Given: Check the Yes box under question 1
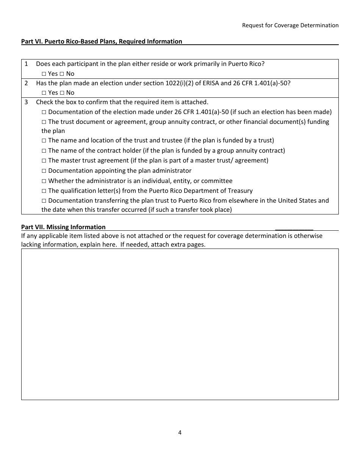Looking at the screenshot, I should pyautogui.click(x=44, y=74).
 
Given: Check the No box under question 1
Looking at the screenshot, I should pyautogui.click(x=62, y=74).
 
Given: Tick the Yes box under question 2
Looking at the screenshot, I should pyautogui.click(x=44, y=93).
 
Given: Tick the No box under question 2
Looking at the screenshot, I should pyautogui.click(x=62, y=93).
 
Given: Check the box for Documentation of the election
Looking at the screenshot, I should pyautogui.click(x=44, y=112).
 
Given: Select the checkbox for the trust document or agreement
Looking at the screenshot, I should pyautogui.click(x=44, y=122).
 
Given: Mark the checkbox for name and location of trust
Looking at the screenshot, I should pyautogui.click(x=44, y=141).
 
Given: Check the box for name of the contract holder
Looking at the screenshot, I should pyautogui.click(x=44, y=151).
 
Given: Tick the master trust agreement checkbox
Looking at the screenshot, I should pyautogui.click(x=44, y=161).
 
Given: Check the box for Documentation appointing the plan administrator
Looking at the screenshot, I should pyautogui.click(x=44, y=171).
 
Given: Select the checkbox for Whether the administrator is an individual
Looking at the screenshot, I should pyautogui.click(x=44, y=181).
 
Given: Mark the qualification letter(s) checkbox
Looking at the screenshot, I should pyautogui.click(x=44, y=191).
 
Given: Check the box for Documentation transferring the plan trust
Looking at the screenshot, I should pyautogui.click(x=44, y=201).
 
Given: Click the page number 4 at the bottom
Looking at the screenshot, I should pyautogui.click(x=180, y=433).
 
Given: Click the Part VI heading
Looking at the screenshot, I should pyautogui.click(x=102, y=41).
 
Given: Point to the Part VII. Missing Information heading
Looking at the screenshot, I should pyautogui.click(x=63, y=227).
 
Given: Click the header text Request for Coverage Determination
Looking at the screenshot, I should pyautogui.click(x=290, y=25).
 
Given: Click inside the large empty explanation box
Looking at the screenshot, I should pyautogui.click(x=180, y=324).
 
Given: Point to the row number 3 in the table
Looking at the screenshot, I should pyautogui.click(x=26, y=102).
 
